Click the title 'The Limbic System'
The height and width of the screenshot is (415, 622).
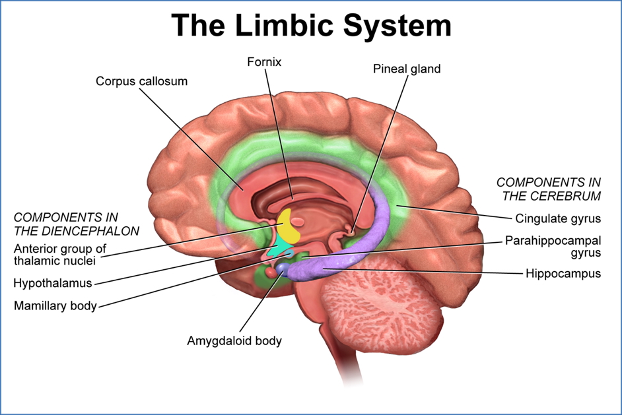(x=311, y=25)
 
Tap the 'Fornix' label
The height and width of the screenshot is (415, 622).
(x=265, y=63)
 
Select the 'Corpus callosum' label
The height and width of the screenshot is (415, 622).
(x=141, y=81)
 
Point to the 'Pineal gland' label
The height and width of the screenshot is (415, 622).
(x=406, y=69)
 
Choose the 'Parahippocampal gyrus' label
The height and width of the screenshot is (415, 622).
(x=553, y=246)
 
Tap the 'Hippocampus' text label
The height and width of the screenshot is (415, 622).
(x=563, y=272)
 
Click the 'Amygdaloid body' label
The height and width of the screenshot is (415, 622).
(x=234, y=341)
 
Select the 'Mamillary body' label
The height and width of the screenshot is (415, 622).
(x=55, y=305)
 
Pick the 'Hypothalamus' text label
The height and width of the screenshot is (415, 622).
(x=52, y=283)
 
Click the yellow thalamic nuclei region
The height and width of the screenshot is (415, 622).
(x=288, y=226)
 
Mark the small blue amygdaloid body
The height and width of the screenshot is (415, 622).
(x=282, y=267)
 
